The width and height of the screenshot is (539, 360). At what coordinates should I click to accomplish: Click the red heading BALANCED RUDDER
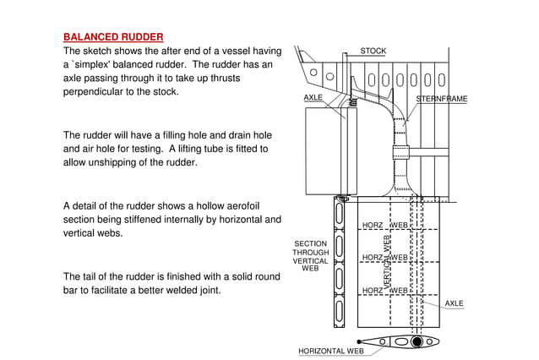click(x=113, y=37)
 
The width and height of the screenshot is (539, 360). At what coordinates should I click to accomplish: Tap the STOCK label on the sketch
click(x=373, y=52)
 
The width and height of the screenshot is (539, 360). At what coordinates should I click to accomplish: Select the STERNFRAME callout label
click(x=441, y=99)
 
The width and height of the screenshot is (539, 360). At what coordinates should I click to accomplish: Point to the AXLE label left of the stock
click(x=313, y=98)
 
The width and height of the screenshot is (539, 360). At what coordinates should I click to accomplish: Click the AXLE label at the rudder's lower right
click(x=455, y=303)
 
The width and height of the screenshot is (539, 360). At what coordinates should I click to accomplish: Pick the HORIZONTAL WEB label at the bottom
click(x=331, y=351)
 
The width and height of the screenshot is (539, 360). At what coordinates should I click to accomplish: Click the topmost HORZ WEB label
click(x=385, y=226)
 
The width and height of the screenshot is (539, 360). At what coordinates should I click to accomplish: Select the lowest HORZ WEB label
click(x=385, y=291)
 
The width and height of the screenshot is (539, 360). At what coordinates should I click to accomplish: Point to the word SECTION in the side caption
click(x=310, y=243)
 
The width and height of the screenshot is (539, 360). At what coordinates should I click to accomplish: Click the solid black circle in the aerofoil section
click(x=416, y=342)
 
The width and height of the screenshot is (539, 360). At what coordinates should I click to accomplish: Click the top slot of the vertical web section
click(x=339, y=213)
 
